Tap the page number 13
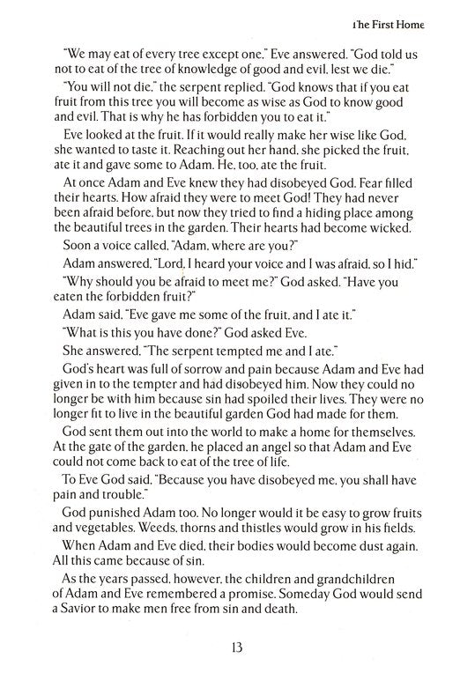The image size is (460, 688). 232,653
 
